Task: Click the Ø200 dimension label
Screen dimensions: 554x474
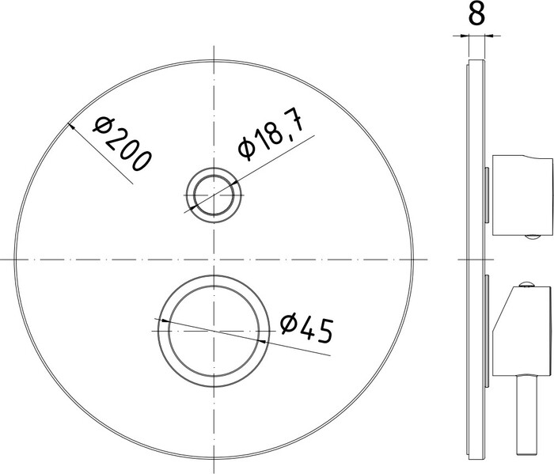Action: (122, 144)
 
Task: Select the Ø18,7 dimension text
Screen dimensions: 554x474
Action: (271, 134)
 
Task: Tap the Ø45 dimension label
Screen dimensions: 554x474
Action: (307, 328)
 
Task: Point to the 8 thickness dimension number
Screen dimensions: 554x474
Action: (476, 14)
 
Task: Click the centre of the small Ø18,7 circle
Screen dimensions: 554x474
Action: (214, 195)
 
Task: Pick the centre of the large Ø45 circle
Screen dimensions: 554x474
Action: (214, 331)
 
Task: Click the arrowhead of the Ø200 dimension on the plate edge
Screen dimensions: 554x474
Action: (70, 126)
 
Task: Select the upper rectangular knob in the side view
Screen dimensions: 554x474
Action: (522, 195)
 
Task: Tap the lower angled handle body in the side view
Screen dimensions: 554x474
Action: (522, 331)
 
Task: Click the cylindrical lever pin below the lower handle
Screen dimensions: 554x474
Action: (526, 415)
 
